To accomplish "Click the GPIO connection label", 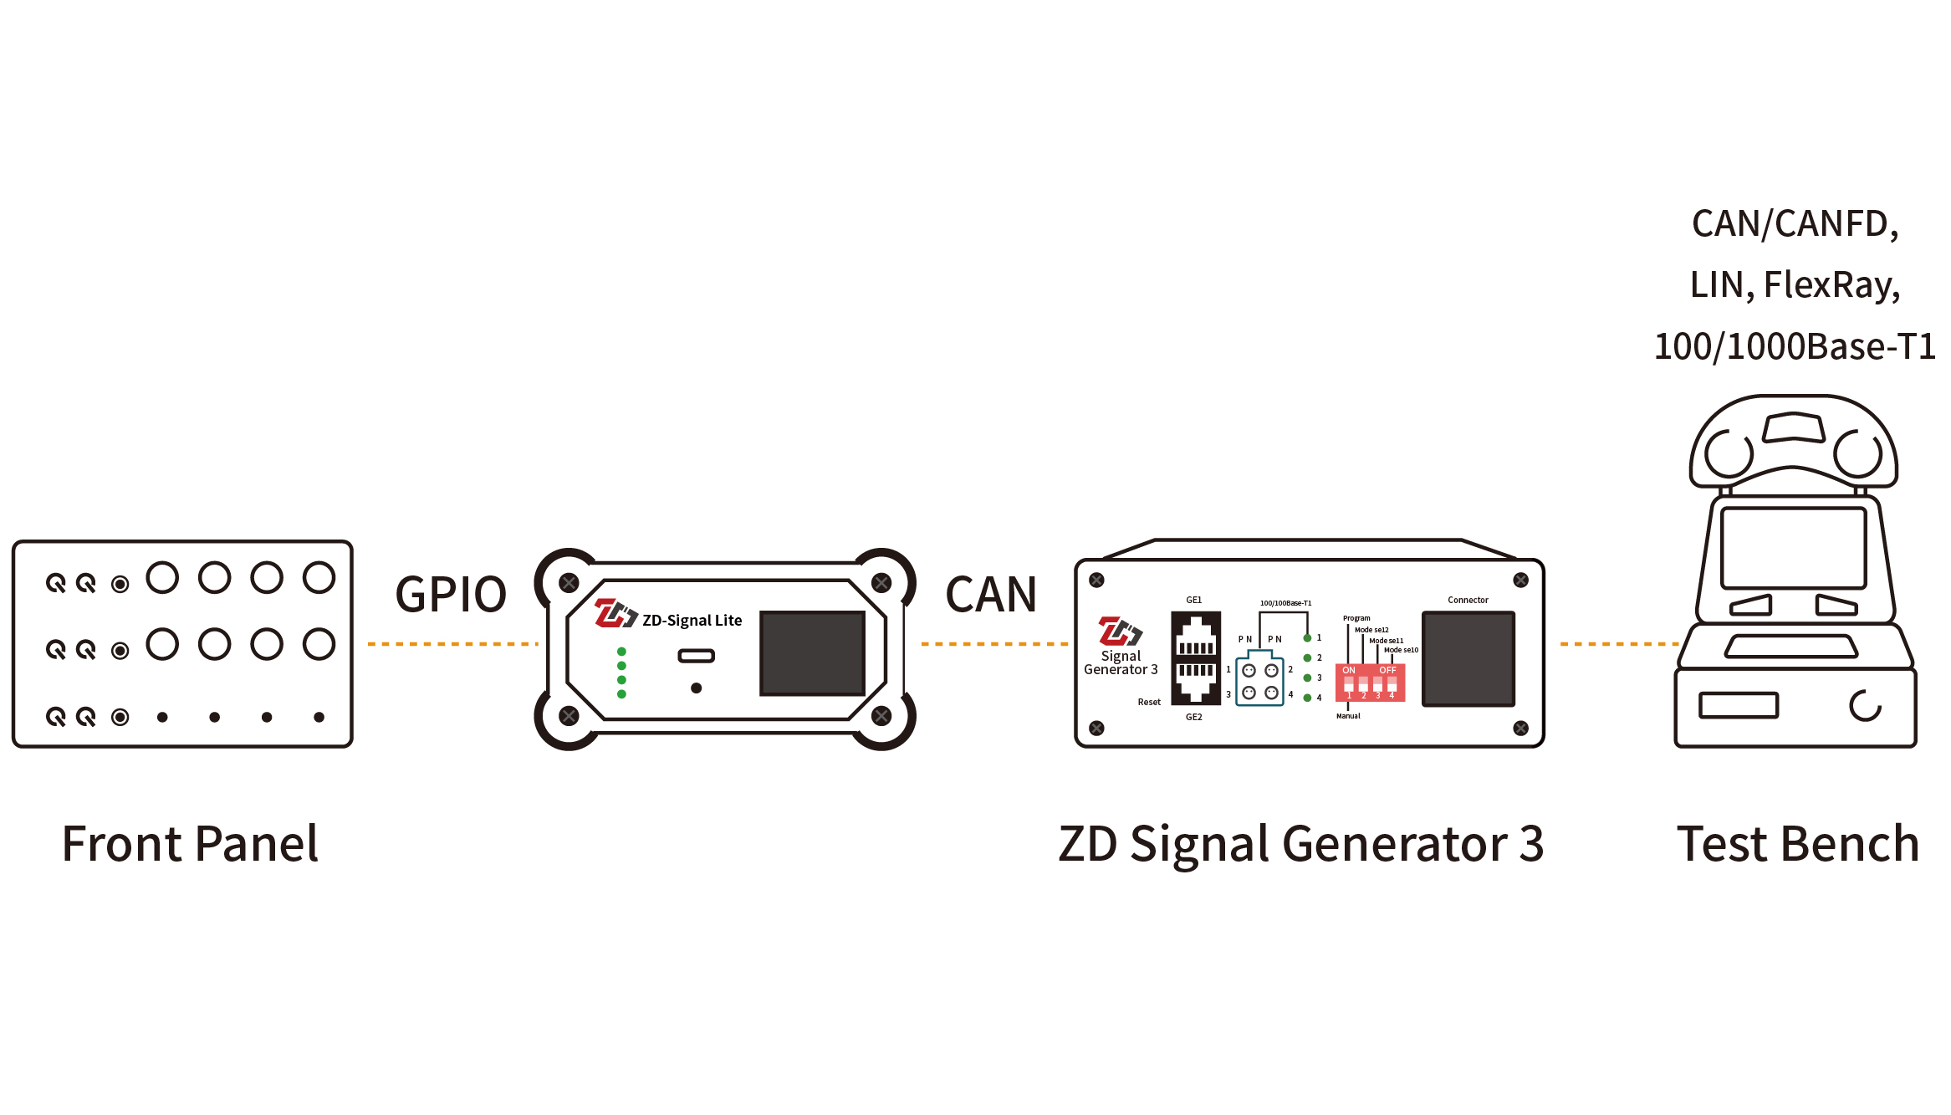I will [x=451, y=595].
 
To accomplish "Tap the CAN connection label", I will [x=991, y=595].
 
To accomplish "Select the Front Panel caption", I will [x=190, y=844].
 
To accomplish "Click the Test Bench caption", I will [x=1798, y=844].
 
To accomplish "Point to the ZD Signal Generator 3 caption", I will [x=1300, y=844].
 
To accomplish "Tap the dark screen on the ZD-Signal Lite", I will [x=812, y=653].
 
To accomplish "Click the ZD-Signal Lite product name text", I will [x=692, y=621].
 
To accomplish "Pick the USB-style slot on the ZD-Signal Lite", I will [x=696, y=656].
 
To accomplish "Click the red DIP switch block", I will [x=1370, y=682].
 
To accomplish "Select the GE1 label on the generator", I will [x=1193, y=600].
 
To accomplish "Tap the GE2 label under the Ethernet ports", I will [x=1193, y=717].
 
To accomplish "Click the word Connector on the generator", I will [x=1468, y=600].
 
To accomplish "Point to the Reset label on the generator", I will [x=1149, y=702].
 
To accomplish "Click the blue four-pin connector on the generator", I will [x=1259, y=679].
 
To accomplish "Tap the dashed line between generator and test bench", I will [x=1618, y=644].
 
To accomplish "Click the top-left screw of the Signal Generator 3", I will [x=1096, y=580].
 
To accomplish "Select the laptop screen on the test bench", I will [x=1793, y=548].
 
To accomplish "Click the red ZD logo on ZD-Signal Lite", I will [x=612, y=613].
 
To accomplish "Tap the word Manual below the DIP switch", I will [x=1348, y=716].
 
